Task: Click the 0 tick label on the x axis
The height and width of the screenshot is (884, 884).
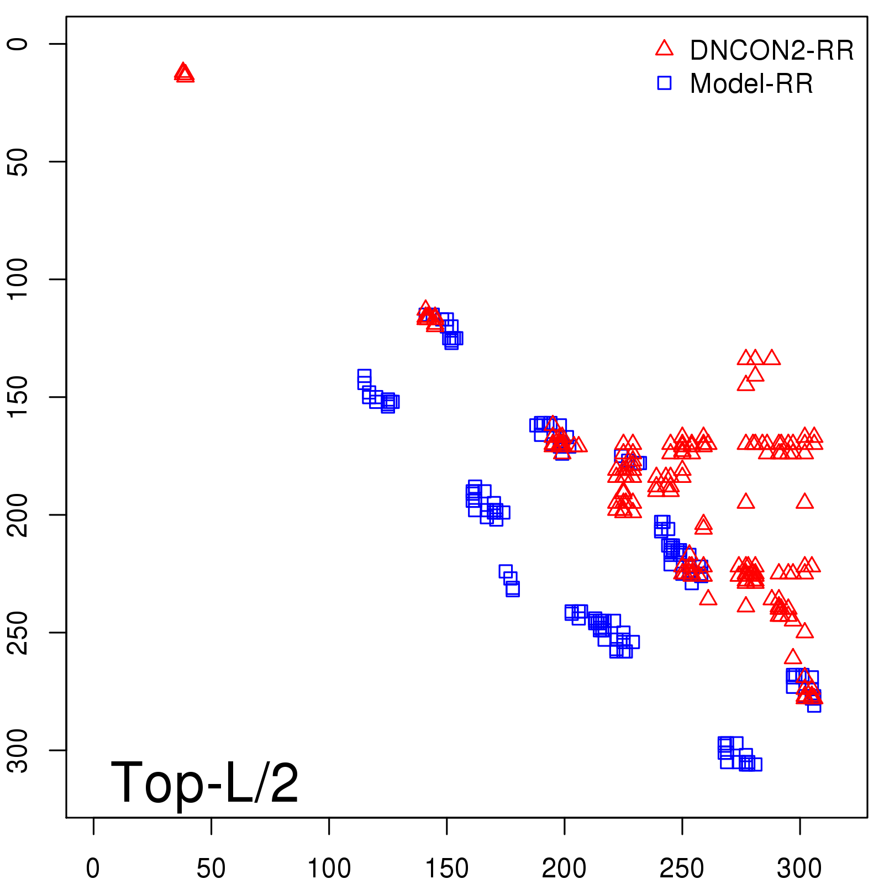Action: pos(93,869)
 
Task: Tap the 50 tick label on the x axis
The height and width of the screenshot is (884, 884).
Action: pos(211,869)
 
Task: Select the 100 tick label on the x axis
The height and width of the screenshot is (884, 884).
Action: pos(329,869)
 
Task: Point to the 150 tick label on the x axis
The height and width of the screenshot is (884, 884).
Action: pos(446,869)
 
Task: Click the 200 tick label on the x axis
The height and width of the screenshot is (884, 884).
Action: pos(564,869)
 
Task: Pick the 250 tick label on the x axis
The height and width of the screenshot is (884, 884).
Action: pos(682,869)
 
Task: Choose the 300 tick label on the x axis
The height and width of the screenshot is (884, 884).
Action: pos(799,869)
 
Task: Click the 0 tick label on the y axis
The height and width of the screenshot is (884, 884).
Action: pos(18,44)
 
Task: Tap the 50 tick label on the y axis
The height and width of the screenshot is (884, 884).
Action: pos(18,161)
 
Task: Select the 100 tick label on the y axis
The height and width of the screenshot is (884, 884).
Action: pos(18,279)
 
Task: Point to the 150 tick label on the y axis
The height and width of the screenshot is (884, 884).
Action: pos(18,397)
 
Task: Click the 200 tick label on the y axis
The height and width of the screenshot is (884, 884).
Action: pos(18,514)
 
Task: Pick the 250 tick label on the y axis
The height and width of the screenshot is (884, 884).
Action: pos(18,632)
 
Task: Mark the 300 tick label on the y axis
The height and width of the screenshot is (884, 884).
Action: pos(18,750)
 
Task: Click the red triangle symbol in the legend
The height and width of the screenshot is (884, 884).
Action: pos(664,49)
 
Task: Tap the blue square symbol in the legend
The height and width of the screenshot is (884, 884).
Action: pos(664,83)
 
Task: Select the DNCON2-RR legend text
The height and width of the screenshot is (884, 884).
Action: pos(772,51)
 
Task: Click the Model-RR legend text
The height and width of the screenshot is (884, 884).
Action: pos(751,84)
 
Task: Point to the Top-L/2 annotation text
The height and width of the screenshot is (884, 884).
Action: pos(204,782)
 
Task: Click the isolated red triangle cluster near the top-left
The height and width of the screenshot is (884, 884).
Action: pos(184,73)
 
